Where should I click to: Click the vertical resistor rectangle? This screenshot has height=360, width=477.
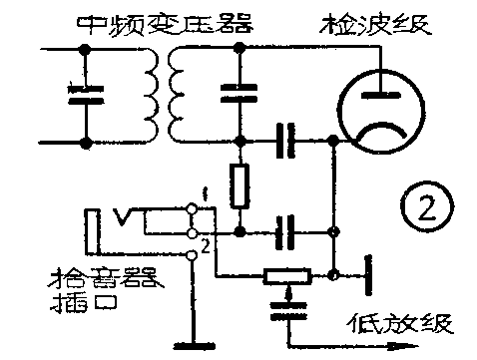[x=239, y=186]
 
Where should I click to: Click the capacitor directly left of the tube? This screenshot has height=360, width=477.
[x=287, y=142]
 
